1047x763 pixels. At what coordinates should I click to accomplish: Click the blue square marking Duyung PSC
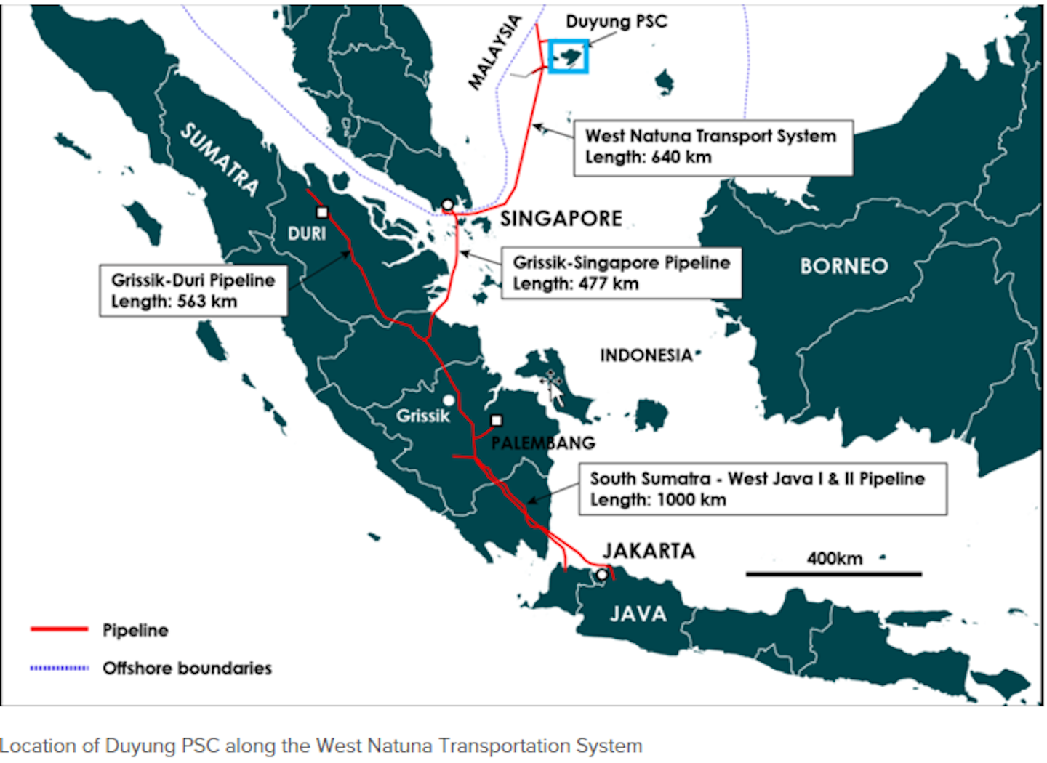[x=568, y=56]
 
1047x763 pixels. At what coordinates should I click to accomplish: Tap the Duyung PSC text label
[x=617, y=22]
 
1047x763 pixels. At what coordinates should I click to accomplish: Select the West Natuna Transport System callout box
[x=713, y=148]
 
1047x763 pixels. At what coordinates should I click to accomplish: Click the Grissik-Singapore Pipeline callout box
[x=621, y=273]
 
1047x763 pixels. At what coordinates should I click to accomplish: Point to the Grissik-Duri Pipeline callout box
[x=193, y=291]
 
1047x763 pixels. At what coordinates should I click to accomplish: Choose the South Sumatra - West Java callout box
[x=762, y=489]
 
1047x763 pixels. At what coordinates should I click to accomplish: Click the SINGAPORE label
[x=561, y=219]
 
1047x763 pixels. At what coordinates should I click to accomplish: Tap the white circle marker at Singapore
[x=448, y=205]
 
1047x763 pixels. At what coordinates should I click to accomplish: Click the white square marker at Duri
[x=322, y=212]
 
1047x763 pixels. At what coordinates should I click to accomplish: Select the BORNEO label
[x=844, y=266]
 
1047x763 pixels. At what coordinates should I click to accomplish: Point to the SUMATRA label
[x=220, y=159]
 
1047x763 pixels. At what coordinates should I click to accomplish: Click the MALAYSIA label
[x=495, y=52]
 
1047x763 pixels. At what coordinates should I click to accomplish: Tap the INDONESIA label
[x=646, y=355]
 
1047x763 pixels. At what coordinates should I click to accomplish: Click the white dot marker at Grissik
[x=449, y=400]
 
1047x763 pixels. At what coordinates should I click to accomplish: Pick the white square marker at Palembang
[x=497, y=420]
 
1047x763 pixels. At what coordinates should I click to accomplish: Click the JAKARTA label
[x=649, y=551]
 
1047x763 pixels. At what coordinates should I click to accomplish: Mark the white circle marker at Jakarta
[x=602, y=575]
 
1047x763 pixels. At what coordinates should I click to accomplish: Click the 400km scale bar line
[x=834, y=574]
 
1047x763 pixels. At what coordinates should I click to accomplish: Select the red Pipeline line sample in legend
[x=60, y=629]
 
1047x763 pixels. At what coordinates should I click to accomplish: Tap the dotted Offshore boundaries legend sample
[x=60, y=668]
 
